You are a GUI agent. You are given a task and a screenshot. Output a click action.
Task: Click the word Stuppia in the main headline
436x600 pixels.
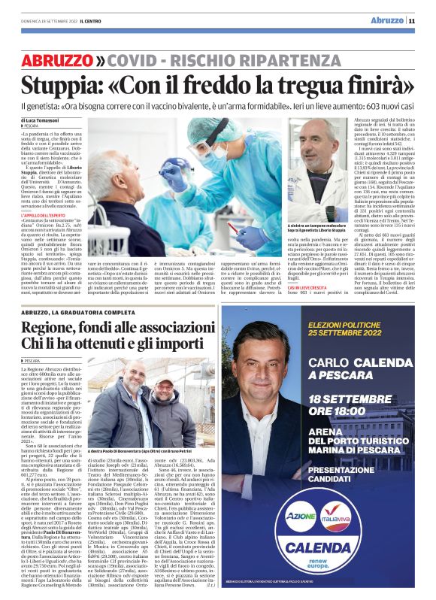point(57,84)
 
